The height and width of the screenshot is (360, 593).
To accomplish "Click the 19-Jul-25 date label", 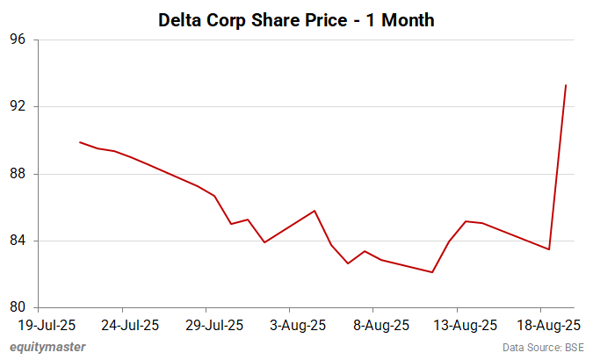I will [47, 325].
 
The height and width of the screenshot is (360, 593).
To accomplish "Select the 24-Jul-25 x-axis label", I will [130, 325].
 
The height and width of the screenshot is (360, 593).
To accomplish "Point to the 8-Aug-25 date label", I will [381, 325].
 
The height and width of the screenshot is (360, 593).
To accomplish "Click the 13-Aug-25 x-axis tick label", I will [466, 325].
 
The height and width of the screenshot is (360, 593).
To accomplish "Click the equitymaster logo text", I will [48, 347].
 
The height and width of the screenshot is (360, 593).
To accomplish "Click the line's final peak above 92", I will [566, 85].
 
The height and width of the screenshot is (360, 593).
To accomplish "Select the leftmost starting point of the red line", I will [80, 142].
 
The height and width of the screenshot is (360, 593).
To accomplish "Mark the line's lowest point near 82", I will [432, 272].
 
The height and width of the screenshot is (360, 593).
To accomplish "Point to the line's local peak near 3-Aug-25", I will [315, 211].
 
